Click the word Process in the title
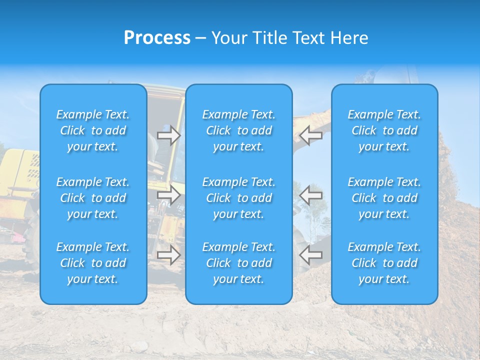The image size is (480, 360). point(157,38)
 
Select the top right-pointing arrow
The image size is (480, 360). point(168,135)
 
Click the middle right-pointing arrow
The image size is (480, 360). point(168,195)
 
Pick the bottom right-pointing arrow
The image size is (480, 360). point(168,254)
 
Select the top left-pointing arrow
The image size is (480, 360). point(311,135)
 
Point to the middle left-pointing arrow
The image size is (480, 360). point(311,195)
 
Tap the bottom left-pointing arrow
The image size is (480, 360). point(311,254)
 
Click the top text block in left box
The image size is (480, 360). point(93,130)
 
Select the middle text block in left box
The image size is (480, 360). point(93,198)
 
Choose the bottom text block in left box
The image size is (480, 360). point(93,263)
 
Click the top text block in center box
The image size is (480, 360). point(238,130)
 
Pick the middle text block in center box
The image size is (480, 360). point(238,198)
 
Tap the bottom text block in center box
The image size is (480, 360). point(238,263)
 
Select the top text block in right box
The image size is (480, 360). point(384,130)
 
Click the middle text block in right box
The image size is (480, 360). point(384,198)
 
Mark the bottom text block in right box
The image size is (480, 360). point(384,263)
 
